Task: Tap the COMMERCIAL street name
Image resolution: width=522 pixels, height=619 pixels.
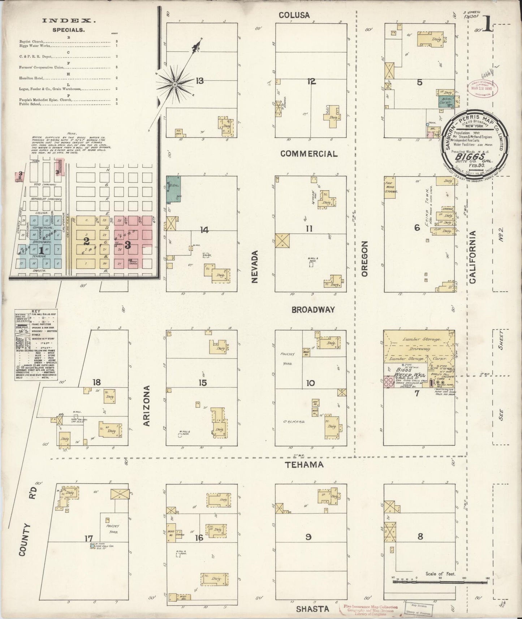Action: (x=309, y=153)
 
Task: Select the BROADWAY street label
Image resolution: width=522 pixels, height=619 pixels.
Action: (x=313, y=309)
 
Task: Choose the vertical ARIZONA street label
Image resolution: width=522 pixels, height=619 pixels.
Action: (x=147, y=406)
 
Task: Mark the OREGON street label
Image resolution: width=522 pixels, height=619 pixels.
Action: (x=364, y=259)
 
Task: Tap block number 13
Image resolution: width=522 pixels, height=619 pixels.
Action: (x=199, y=81)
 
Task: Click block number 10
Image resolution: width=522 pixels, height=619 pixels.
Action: (x=310, y=383)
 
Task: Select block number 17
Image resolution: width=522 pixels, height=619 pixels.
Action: (x=89, y=539)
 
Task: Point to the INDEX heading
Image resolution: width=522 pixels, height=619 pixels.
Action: (x=69, y=21)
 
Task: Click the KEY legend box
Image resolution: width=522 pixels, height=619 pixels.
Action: (x=36, y=345)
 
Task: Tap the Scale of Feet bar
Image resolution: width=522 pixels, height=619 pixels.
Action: (x=440, y=581)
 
